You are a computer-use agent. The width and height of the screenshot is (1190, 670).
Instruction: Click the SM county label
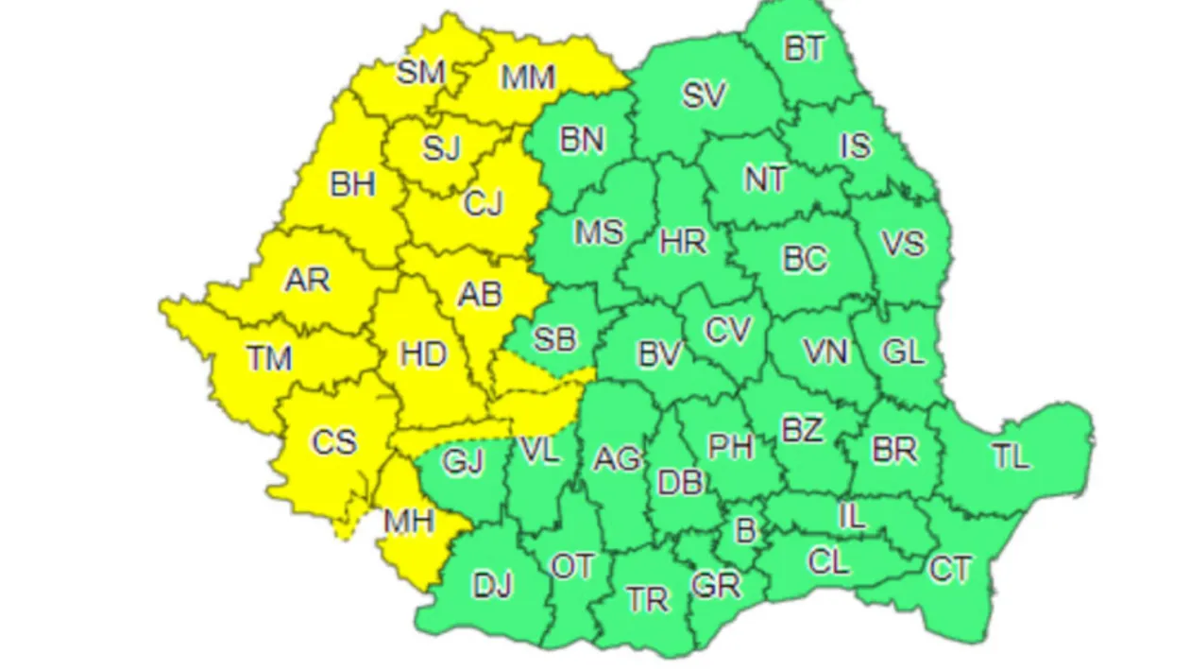421,72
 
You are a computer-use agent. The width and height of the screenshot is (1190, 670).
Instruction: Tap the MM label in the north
527,77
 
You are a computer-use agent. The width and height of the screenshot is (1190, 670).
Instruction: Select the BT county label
805,48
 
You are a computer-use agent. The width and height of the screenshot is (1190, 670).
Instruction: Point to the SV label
705,94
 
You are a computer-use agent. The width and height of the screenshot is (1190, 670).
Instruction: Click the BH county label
352,183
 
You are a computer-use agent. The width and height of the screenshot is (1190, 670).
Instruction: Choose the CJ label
484,203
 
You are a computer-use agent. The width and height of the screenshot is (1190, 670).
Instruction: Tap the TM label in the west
270,358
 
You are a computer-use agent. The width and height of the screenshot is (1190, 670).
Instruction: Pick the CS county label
334,441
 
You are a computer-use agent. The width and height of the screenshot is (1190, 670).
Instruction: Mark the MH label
408,519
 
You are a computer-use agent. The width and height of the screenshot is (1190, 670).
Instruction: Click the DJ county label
492,586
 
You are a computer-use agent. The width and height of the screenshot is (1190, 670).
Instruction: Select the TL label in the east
1010,456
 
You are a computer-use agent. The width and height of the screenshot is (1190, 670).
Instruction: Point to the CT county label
950,570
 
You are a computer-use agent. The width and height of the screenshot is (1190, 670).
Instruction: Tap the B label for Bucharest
745,531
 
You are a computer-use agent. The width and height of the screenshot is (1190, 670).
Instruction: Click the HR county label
683,242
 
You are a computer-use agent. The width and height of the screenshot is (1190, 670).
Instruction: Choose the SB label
555,339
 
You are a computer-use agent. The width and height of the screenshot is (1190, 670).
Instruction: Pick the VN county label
826,352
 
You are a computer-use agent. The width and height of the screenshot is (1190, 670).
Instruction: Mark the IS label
856,146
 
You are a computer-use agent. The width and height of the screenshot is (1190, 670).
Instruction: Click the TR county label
648,599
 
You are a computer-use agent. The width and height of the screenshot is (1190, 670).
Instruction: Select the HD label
423,354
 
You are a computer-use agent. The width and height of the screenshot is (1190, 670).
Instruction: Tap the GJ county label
463,463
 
